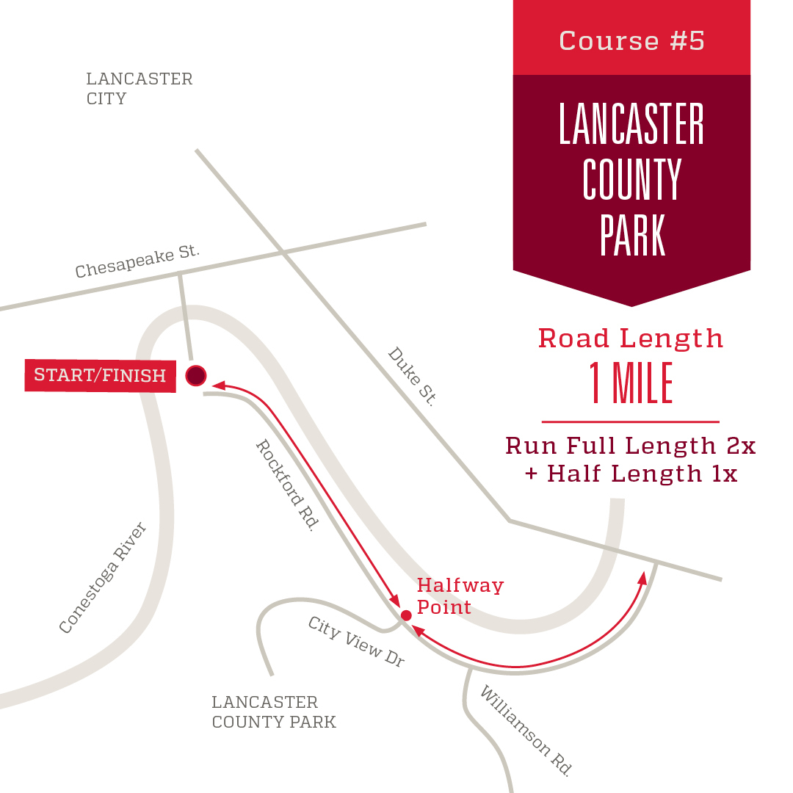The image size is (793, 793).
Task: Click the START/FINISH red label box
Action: pos(101,375)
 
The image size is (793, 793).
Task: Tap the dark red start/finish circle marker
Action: pos(195,376)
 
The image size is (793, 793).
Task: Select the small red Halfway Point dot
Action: pos(405,615)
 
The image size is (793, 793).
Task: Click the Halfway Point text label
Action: pos(460,596)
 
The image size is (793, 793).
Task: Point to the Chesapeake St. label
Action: pos(137,262)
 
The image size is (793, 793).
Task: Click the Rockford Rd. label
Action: pos(286,485)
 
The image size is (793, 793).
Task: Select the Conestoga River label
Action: pos(104,579)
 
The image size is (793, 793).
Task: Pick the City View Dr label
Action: pos(356,642)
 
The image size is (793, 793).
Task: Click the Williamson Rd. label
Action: pos(525,731)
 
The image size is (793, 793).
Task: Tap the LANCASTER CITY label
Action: pos(139,89)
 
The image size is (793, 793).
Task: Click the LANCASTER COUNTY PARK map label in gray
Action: pos(273,712)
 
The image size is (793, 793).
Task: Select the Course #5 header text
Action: pos(631,40)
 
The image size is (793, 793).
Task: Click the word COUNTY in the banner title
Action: pos(631,180)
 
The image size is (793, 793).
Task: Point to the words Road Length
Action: pos(631,338)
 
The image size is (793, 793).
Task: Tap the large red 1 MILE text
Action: pos(631,384)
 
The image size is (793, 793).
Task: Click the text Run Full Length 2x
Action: pos(631,446)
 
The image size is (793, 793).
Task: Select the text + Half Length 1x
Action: pos(631,474)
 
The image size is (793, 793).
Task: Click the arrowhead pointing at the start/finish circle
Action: pos(218,384)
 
